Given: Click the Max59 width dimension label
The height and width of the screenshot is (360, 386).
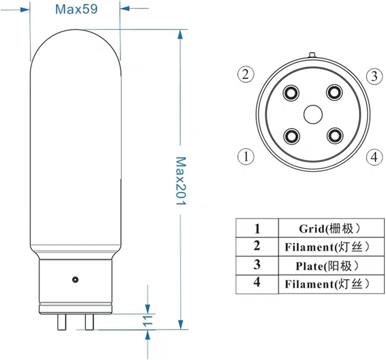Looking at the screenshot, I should click(x=76, y=9).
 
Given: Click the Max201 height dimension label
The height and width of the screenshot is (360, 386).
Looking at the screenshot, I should click(x=181, y=181).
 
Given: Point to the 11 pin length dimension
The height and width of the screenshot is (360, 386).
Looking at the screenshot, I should click(x=147, y=321).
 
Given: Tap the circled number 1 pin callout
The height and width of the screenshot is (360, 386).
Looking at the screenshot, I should click(x=246, y=157).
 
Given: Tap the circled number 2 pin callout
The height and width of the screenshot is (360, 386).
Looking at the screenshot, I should click(x=246, y=74).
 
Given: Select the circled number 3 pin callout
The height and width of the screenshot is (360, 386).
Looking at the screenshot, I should click(x=374, y=76).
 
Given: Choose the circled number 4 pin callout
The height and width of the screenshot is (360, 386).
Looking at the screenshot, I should click(x=374, y=157).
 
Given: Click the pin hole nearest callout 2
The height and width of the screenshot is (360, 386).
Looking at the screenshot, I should click(x=291, y=93).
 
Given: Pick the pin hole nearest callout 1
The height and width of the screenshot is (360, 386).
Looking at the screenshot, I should click(x=291, y=135).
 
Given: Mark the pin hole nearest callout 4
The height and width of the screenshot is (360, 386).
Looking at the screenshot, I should click(x=335, y=135).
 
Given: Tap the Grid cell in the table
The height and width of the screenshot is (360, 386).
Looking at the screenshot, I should click(x=331, y=229).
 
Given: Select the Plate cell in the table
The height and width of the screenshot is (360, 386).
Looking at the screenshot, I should click(x=331, y=266).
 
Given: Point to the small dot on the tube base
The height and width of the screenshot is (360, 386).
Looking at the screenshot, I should click(x=75, y=279).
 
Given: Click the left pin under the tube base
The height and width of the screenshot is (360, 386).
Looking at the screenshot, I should click(x=61, y=322).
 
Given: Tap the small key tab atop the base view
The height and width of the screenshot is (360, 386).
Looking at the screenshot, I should click(x=312, y=54).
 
